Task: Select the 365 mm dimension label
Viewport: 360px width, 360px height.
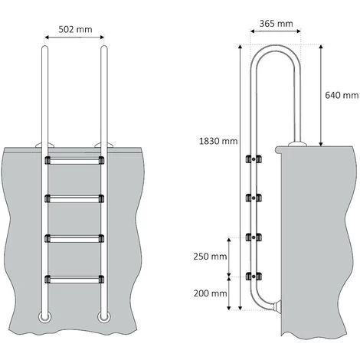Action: (276, 24)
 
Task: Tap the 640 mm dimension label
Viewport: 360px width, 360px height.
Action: (341, 96)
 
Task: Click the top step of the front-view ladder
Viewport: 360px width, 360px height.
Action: (74, 161)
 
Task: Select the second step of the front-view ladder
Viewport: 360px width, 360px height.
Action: (74, 199)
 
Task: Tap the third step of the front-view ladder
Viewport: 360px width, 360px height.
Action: (74, 237)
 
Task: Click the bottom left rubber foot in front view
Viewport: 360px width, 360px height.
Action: (44, 316)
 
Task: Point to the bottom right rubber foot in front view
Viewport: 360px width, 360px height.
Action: (103, 316)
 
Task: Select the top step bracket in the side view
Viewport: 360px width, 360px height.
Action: (250, 159)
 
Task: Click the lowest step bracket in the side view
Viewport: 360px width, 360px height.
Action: (250, 274)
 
